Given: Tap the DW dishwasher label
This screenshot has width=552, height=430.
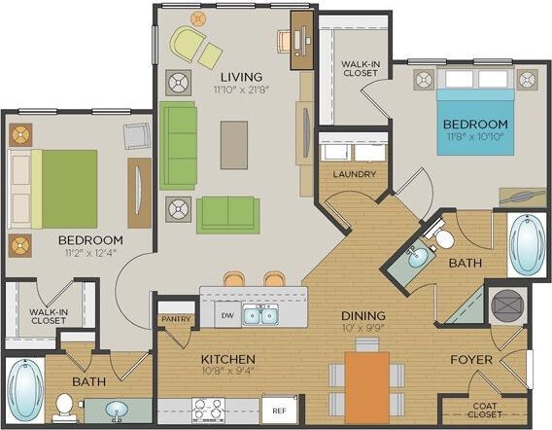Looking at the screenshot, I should click(224, 315).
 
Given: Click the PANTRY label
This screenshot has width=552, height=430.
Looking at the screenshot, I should click(175, 318).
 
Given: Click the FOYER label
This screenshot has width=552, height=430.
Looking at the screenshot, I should click(470, 360).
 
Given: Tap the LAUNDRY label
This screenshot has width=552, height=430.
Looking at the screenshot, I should click(354, 175).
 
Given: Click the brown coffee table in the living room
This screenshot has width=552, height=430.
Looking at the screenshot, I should click(233, 144).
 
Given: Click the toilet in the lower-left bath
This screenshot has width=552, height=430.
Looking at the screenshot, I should click(64, 405).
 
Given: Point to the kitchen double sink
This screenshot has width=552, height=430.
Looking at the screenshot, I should click(259, 315).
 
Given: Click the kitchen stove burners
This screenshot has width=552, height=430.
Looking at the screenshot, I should click(207, 410).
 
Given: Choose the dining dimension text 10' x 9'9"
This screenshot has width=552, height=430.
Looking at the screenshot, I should click(362, 328).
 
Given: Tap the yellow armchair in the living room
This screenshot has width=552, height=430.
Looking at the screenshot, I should click(187, 44).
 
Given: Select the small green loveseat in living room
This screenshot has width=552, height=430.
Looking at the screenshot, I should click(228, 213).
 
